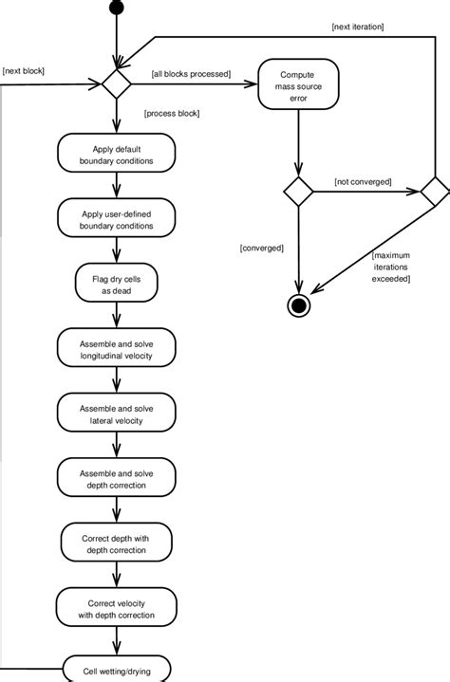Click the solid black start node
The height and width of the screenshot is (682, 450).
[x=117, y=9]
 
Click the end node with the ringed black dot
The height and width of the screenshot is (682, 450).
[x=300, y=305]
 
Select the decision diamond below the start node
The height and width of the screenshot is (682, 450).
[x=117, y=83]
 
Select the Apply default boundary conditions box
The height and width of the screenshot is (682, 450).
[x=116, y=155]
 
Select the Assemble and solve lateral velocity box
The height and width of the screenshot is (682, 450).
[x=116, y=414]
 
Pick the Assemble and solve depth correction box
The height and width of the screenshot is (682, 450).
[x=116, y=478]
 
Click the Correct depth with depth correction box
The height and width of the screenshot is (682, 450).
[x=116, y=544]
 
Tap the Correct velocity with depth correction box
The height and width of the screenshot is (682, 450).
[x=116, y=608]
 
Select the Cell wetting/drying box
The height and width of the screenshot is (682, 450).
[x=116, y=670]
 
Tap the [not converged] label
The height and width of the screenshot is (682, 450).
[x=363, y=180]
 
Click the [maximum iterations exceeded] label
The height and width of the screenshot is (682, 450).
[x=391, y=267]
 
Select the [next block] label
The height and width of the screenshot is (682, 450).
[x=25, y=71]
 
